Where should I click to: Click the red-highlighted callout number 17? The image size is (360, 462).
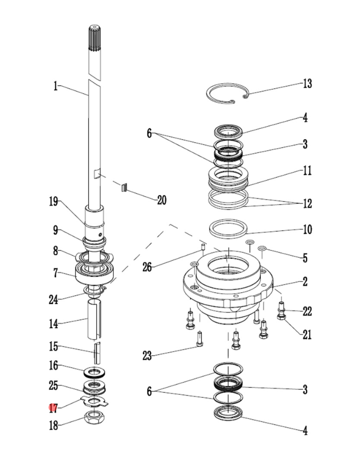tap(53, 409)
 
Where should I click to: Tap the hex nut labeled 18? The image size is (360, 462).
tap(94, 418)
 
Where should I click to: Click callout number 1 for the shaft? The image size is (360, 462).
tap(55, 86)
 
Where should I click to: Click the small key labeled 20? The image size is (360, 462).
tap(124, 187)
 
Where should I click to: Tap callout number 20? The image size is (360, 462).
tap(161, 200)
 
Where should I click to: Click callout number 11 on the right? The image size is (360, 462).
tap(307, 170)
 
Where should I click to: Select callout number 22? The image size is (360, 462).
tap(307, 311)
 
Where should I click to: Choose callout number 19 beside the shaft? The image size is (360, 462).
tap(54, 202)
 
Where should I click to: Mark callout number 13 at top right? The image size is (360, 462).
tap(307, 84)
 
